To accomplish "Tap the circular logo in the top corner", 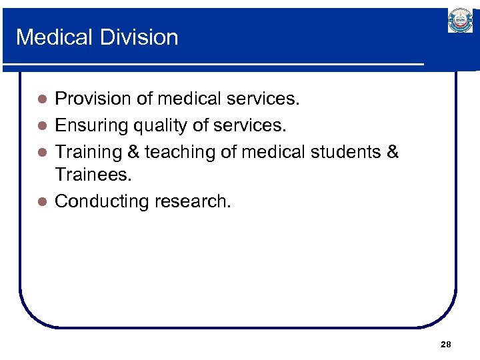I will tap(460, 21).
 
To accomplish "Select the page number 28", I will tap(446, 345).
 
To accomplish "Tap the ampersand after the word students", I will tap(393, 151).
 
